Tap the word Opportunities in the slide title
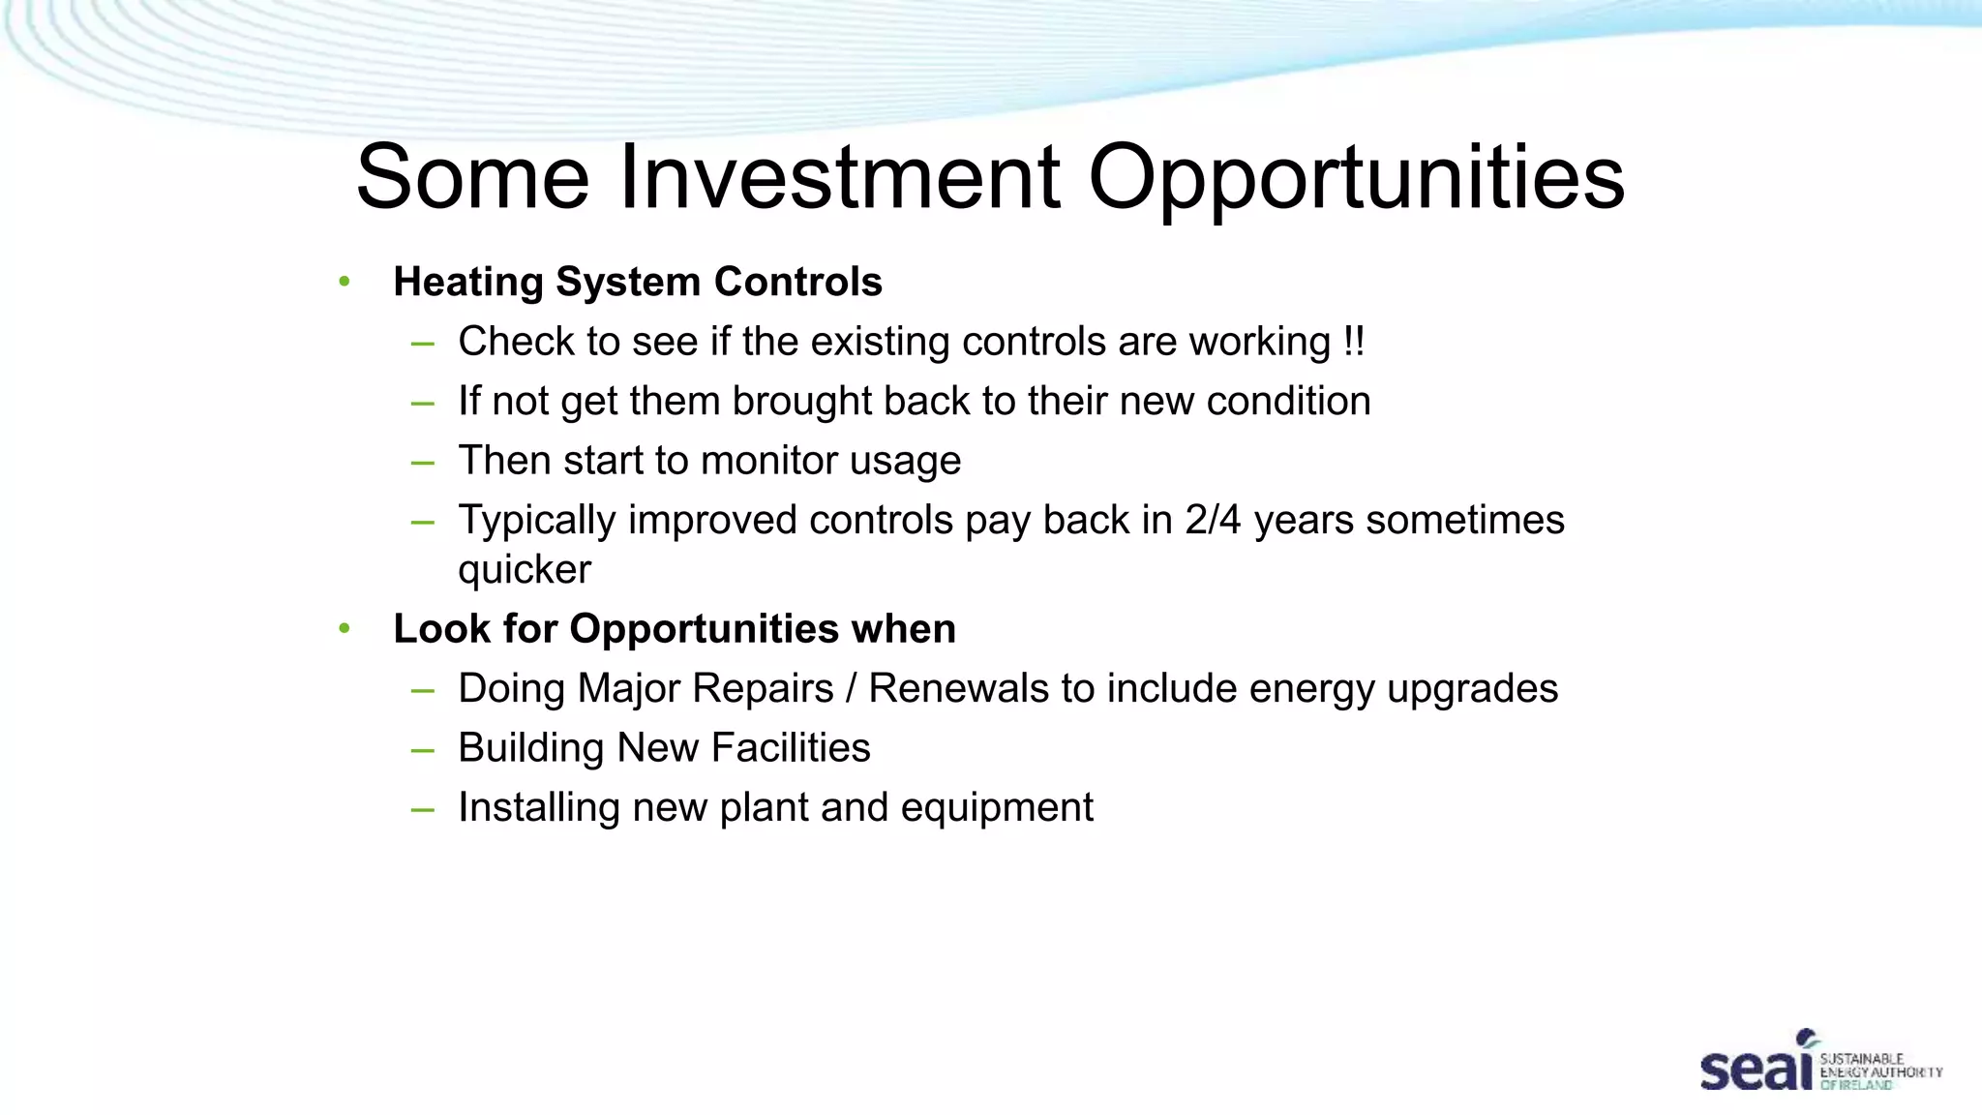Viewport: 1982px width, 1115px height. click(x=1356, y=179)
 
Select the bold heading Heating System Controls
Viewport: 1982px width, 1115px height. click(x=637, y=282)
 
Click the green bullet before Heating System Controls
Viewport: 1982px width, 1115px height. click(x=345, y=282)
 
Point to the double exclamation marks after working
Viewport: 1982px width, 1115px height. click(x=1354, y=341)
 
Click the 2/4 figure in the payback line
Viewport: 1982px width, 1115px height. click(x=1212, y=520)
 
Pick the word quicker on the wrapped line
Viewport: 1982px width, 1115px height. click(x=524, y=569)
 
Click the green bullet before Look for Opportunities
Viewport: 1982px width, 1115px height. click(x=345, y=629)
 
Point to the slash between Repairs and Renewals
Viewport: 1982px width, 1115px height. click(x=851, y=688)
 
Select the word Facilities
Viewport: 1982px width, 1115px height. click(x=791, y=747)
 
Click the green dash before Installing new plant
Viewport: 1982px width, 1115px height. click(x=422, y=808)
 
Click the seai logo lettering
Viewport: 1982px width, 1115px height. click(x=1755, y=1067)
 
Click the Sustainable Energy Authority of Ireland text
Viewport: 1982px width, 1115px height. click(x=1879, y=1071)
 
